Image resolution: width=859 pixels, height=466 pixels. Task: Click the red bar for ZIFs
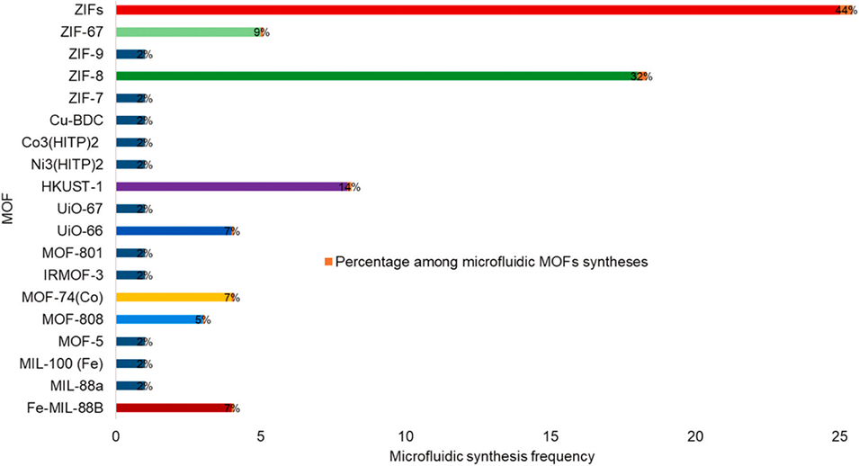coord(477,10)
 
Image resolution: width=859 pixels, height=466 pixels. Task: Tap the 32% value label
coord(641,76)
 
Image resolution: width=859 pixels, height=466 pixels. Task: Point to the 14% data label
coord(349,187)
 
